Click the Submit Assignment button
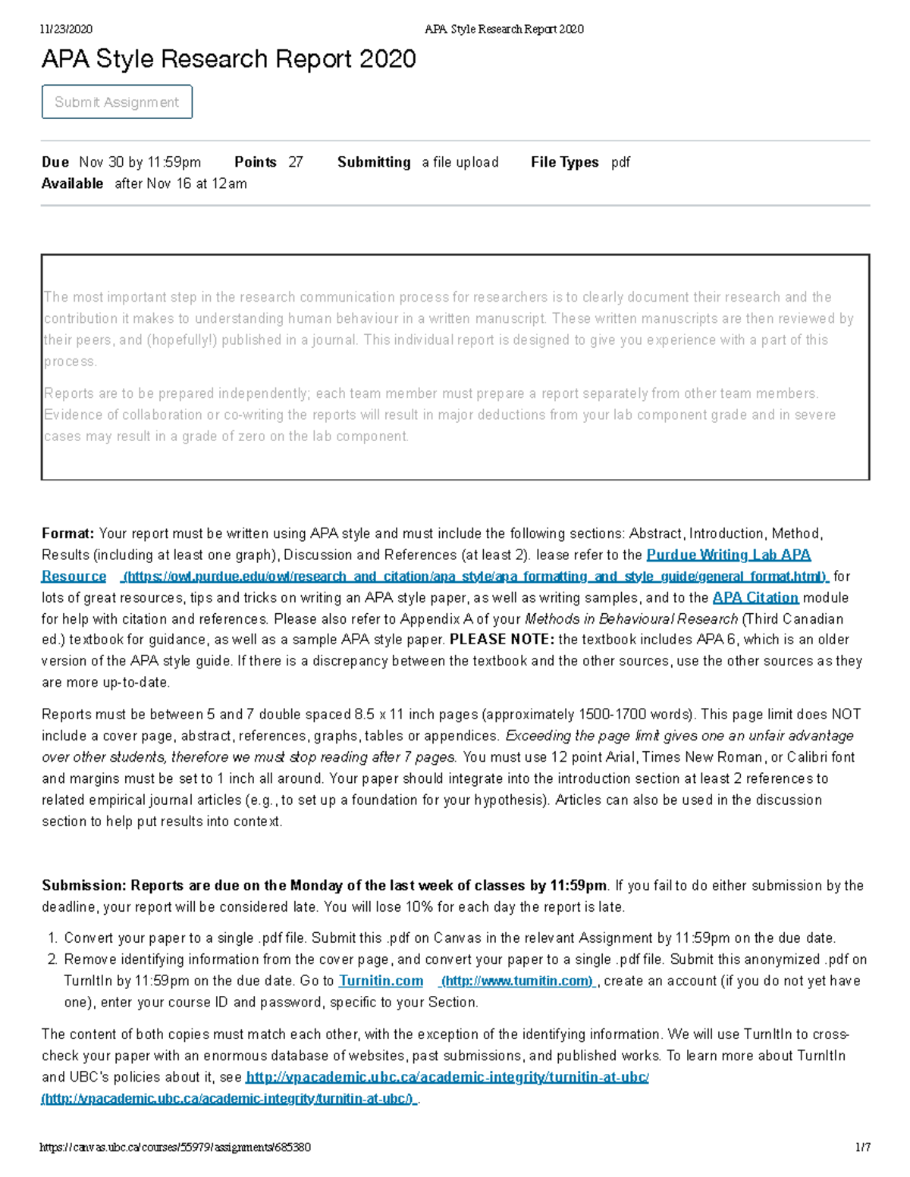tap(117, 102)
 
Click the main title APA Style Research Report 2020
tap(228, 59)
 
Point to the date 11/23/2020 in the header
tap(66, 30)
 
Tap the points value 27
tap(296, 162)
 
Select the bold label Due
tap(55, 162)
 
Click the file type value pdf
tap(620, 162)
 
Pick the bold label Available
tap(72, 183)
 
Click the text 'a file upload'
tap(460, 162)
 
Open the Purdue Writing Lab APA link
tap(728, 555)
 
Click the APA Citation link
tap(755, 597)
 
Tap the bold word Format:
tap(67, 534)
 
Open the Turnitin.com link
tap(381, 981)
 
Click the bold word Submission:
tap(83, 885)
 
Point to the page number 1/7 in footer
tap(862, 1147)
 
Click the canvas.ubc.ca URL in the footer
tap(175, 1147)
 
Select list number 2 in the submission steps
tap(52, 959)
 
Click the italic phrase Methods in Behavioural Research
tap(631, 618)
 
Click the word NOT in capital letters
tap(846, 714)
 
